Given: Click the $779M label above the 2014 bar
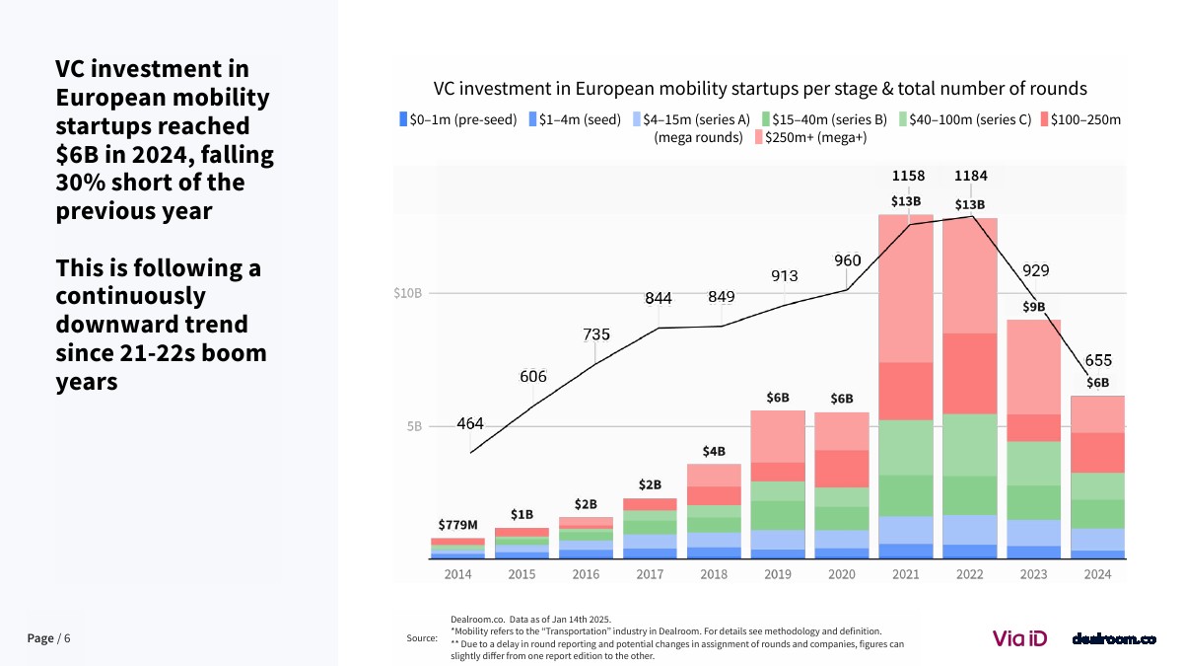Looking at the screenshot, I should [457, 525].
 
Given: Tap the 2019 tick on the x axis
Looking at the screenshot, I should [778, 574].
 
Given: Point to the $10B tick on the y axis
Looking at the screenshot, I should [407, 293].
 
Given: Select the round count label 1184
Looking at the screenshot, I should [970, 176].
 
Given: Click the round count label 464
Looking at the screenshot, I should [470, 423].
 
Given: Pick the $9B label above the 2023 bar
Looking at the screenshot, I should [1033, 307].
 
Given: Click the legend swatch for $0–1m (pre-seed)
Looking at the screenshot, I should [402, 119].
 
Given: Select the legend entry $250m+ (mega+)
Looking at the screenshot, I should [815, 137].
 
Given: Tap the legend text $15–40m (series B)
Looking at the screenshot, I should [829, 119].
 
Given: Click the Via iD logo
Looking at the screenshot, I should [1019, 638].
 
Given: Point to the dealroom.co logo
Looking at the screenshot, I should [1113, 638].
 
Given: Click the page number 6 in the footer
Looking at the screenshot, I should [67, 638].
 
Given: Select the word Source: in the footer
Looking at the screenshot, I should [422, 638].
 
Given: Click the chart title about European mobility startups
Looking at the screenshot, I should [760, 89].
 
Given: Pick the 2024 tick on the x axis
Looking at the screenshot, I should [1097, 574].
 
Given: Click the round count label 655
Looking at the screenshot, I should [1098, 360].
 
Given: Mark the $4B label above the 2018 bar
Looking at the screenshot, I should [714, 451].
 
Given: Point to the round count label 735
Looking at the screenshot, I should [596, 334].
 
